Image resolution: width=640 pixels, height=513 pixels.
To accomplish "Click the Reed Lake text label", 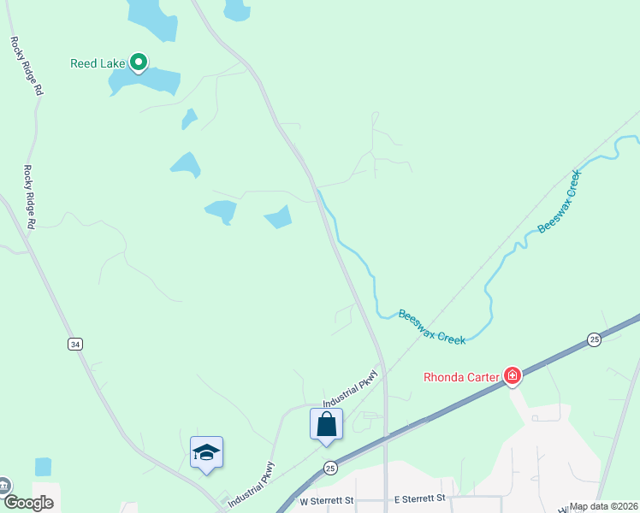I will click(98, 62).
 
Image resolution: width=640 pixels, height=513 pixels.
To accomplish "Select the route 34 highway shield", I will click(75, 344).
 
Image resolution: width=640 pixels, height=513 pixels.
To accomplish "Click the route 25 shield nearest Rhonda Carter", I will click(595, 340).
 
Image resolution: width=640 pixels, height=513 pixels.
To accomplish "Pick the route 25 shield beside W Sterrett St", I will click(329, 468).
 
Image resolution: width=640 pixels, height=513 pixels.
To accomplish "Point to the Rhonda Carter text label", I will click(462, 376).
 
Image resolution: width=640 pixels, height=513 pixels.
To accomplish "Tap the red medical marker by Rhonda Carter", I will click(513, 375).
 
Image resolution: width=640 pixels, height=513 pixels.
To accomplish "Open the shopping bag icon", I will click(326, 424).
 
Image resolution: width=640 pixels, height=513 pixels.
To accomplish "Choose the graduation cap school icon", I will click(206, 452).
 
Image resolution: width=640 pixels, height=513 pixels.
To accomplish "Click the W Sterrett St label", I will click(325, 499).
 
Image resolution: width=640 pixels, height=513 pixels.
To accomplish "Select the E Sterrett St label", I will click(419, 498).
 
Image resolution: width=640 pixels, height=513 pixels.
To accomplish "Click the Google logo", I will click(27, 503).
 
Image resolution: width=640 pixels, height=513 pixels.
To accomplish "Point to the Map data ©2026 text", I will click(604, 506).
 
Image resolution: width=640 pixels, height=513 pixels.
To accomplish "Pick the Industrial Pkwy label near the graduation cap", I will click(252, 486).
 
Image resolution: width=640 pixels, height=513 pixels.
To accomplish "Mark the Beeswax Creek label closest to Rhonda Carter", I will click(432, 327).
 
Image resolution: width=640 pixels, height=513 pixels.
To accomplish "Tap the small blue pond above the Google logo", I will click(44, 467).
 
